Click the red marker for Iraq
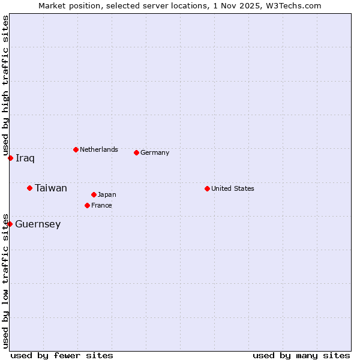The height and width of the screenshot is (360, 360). click(x=10, y=158)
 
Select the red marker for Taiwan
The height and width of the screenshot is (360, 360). click(x=29, y=188)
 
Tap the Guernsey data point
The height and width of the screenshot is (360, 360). click(x=10, y=224)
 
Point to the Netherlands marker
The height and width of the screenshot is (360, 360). click(x=76, y=149)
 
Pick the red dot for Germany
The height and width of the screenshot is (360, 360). click(x=136, y=152)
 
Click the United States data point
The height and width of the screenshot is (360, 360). click(x=207, y=188)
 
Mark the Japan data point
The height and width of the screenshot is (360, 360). click(x=94, y=194)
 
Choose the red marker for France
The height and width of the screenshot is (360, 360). click(x=87, y=205)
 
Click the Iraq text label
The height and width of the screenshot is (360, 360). click(x=25, y=158)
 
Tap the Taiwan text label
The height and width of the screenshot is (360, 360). click(x=51, y=188)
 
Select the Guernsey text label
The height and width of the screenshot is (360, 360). click(x=38, y=224)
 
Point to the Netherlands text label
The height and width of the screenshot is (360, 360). click(x=99, y=149)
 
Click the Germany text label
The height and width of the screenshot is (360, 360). click(x=155, y=152)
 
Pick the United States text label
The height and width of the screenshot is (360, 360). click(x=233, y=188)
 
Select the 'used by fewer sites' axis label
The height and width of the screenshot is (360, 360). click(x=62, y=355)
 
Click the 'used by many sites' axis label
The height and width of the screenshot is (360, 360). click(x=301, y=355)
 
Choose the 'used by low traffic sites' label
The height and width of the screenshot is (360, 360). click(x=5, y=280)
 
